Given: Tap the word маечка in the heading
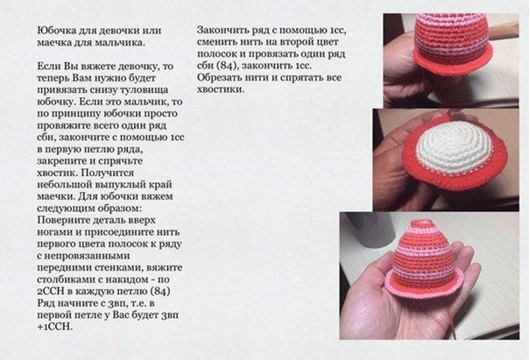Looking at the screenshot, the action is (53, 43).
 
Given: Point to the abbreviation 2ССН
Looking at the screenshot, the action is (51, 292).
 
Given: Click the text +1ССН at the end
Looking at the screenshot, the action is (54, 327).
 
